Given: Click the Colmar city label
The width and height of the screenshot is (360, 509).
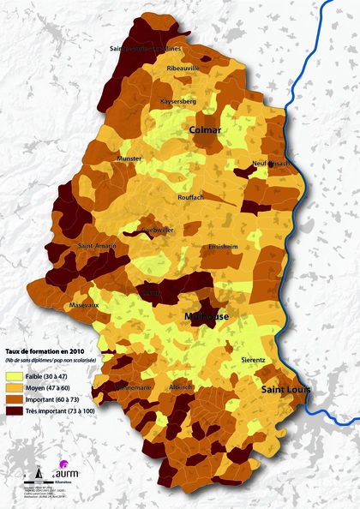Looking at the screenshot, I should point(205,129).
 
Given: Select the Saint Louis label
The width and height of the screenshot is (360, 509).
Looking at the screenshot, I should point(286,390).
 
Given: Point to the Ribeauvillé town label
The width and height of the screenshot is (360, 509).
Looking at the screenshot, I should point(183,67).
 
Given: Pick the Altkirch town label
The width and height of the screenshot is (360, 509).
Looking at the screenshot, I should point(182,387).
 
